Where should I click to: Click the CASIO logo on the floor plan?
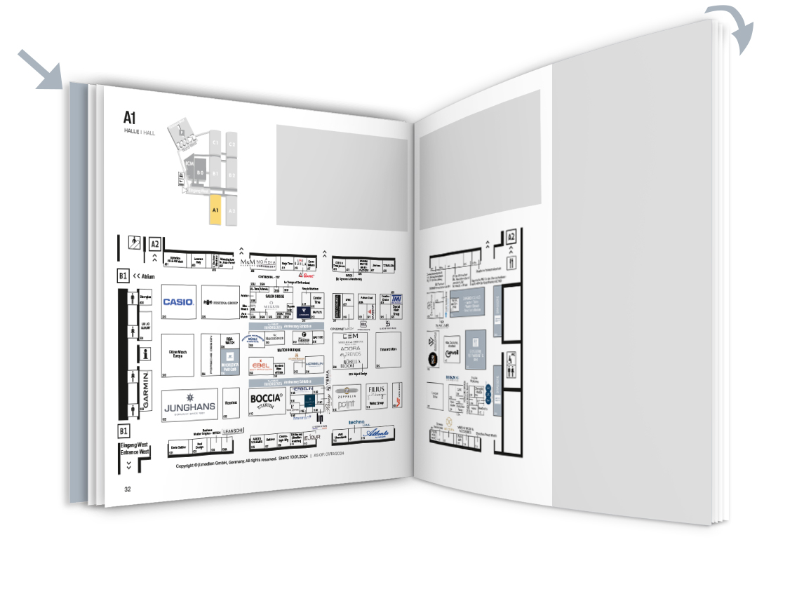coord(178,302)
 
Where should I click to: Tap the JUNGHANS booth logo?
coord(190,406)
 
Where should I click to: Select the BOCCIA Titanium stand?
coord(267,400)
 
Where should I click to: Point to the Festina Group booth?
coord(220,302)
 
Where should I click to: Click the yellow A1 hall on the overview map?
coord(215,210)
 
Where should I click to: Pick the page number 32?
coord(128,489)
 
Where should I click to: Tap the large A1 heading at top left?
coord(129,117)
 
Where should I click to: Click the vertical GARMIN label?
coord(147,391)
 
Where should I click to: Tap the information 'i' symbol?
coord(146,353)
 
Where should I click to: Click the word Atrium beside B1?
coord(147,277)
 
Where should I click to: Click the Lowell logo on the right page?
coord(453,355)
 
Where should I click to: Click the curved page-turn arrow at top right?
coord(733,27)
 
